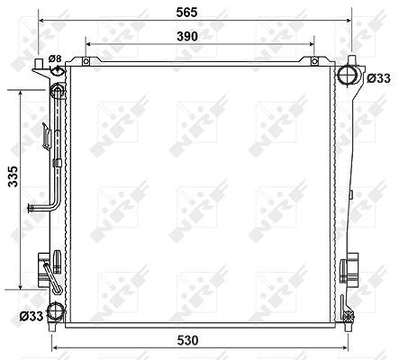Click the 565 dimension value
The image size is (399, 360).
point(186,13)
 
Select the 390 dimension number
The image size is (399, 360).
point(187,36)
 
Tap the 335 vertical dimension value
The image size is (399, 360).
point(14,176)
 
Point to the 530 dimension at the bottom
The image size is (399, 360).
point(187,340)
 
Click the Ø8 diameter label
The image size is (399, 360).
point(55,58)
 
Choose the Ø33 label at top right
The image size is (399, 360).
point(379,78)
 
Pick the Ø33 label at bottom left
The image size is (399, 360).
point(32,316)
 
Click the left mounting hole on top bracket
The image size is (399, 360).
point(86,61)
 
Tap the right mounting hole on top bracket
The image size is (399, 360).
point(314,61)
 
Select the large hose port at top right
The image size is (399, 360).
point(347,74)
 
